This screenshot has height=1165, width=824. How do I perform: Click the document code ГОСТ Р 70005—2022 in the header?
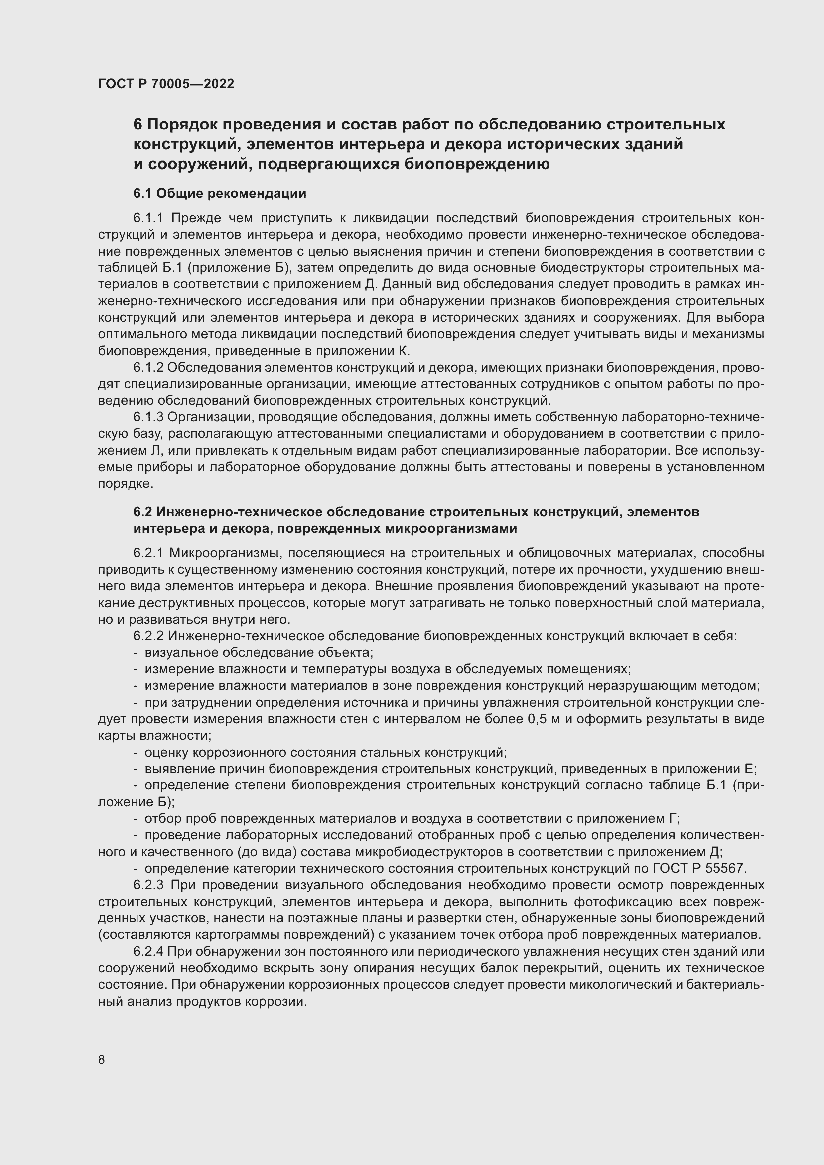[166, 84]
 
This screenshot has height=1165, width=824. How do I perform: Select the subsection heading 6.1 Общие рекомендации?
[220, 193]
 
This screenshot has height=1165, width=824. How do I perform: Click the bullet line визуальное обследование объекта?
[259, 653]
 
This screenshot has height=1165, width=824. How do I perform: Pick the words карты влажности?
[154, 736]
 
